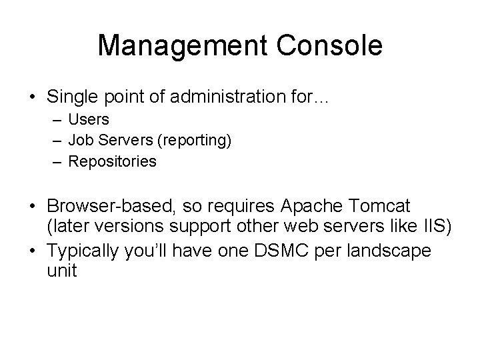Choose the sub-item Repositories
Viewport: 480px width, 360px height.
click(x=113, y=161)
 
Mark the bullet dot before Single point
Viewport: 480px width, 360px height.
click(x=33, y=98)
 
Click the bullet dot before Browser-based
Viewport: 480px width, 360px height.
click(x=33, y=205)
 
